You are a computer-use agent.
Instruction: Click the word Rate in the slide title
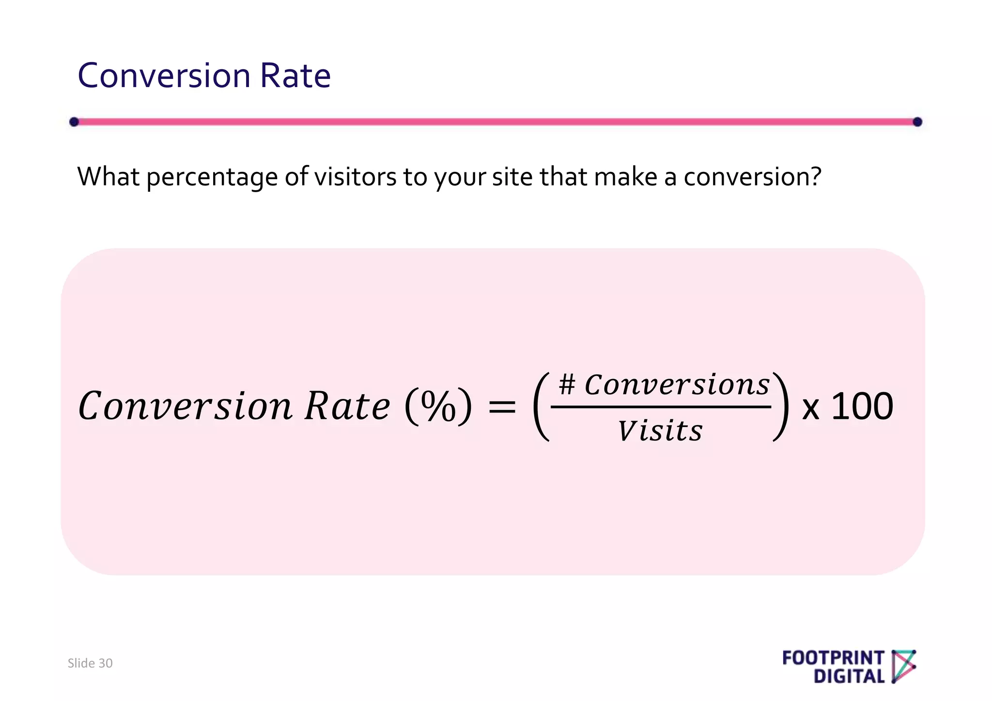click(x=295, y=76)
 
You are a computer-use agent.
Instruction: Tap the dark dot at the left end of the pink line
click(x=74, y=122)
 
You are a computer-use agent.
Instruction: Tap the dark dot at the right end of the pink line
click(x=917, y=122)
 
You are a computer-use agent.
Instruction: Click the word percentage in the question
click(x=212, y=177)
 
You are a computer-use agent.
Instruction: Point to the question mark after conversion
click(x=816, y=176)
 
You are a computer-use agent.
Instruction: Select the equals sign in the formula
click(x=502, y=407)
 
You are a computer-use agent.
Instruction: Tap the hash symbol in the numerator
click(x=567, y=385)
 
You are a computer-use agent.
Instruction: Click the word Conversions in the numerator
click(x=677, y=385)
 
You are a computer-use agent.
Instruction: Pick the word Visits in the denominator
click(x=660, y=430)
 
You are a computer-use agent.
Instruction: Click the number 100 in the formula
click(x=862, y=406)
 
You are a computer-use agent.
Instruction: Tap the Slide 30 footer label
click(x=90, y=663)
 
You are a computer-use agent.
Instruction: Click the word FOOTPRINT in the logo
click(x=833, y=658)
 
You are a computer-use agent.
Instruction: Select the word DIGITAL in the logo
click(x=849, y=676)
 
